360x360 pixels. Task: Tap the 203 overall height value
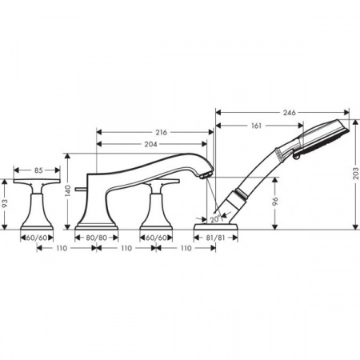click(x=354, y=171)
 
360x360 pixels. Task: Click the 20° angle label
click(x=214, y=218)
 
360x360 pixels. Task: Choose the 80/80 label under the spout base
click(x=96, y=238)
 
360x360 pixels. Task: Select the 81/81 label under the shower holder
click(x=217, y=238)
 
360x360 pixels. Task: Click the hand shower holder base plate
click(x=218, y=228)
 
